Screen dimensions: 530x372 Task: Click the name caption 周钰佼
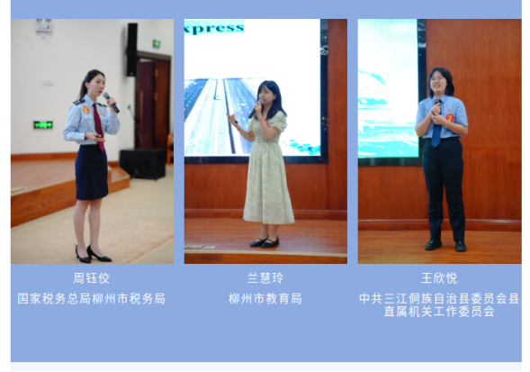point(92,278)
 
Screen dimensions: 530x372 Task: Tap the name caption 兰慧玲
point(265,278)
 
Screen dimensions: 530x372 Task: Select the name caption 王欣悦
point(439,278)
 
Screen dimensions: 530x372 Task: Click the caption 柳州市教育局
point(265,299)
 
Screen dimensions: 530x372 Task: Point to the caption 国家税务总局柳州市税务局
point(92,299)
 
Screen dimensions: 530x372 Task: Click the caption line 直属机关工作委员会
point(439,312)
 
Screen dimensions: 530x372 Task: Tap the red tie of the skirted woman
point(98,127)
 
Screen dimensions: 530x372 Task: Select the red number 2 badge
point(450,117)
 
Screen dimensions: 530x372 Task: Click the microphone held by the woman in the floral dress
point(256,109)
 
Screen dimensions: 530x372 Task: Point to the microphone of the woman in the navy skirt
point(112,102)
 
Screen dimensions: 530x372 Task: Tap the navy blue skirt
point(91,172)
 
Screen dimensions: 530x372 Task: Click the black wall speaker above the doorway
point(131,50)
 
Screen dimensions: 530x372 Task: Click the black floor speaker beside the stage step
point(142,164)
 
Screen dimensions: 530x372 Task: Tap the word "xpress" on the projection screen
point(214,28)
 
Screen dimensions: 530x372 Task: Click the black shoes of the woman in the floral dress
point(265,241)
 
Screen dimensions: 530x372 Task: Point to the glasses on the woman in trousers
point(436,79)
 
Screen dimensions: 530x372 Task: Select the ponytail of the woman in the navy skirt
point(82,88)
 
